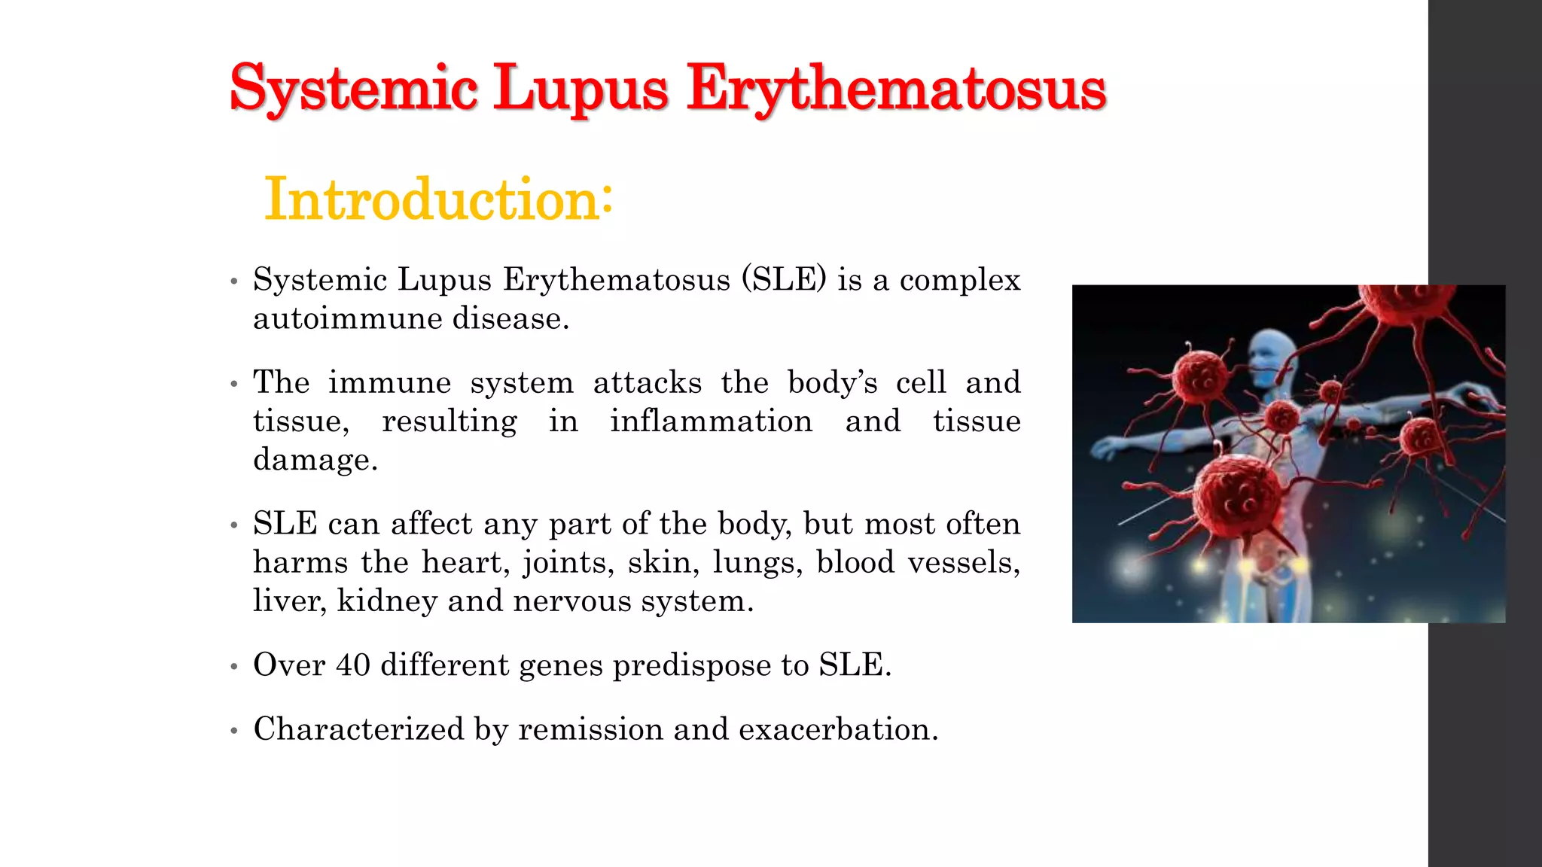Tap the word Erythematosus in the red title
(x=896, y=89)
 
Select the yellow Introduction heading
(x=438, y=199)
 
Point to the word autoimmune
(x=347, y=318)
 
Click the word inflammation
(x=711, y=421)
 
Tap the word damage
(x=315, y=459)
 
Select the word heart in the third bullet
(x=458, y=562)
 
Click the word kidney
(x=387, y=601)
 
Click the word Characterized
(x=358, y=729)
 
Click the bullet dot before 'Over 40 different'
(x=234, y=666)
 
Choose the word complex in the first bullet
(x=960, y=279)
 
